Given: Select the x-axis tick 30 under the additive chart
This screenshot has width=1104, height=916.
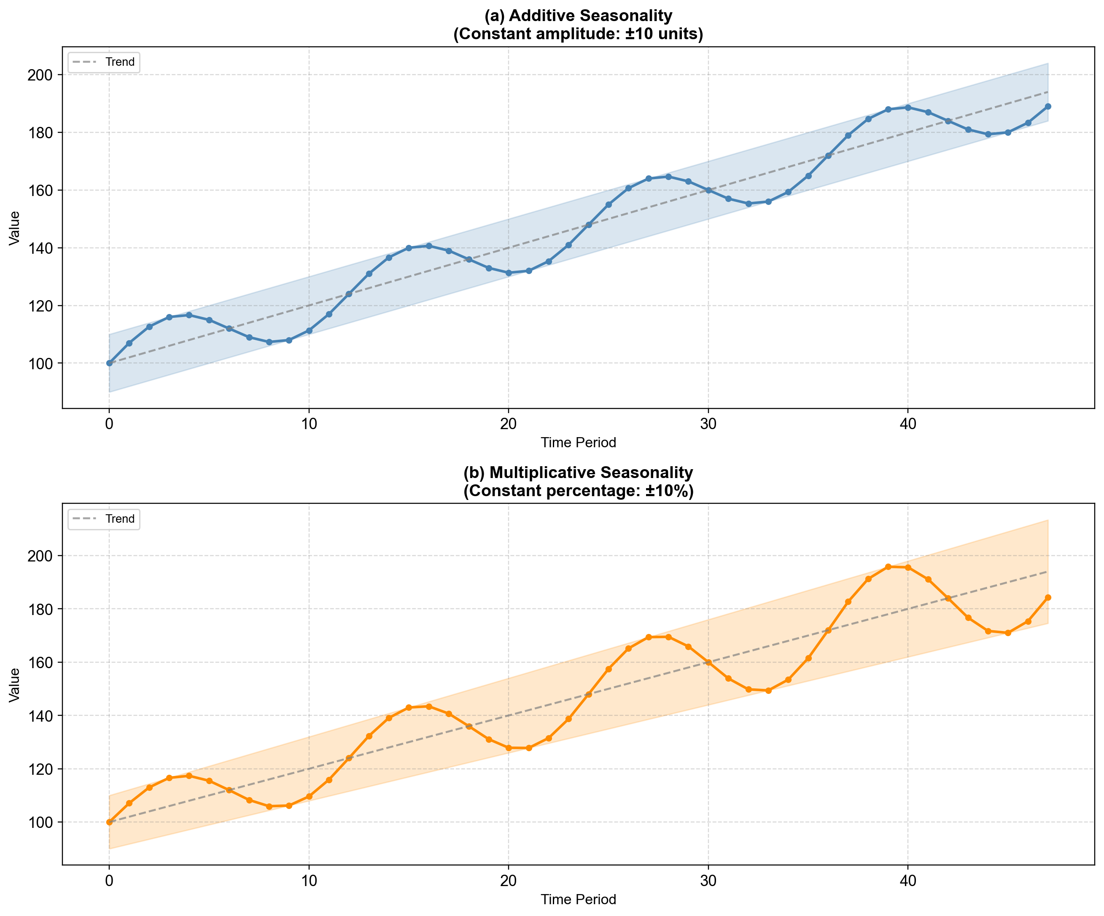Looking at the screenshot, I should (708, 424).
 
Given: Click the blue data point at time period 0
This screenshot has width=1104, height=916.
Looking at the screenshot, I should (109, 363).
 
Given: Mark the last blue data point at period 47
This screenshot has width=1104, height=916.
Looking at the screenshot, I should (1048, 107).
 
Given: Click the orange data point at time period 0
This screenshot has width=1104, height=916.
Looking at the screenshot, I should (109, 822).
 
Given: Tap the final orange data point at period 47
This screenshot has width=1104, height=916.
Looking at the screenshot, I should (1048, 597).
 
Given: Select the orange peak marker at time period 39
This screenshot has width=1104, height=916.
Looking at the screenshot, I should (888, 567).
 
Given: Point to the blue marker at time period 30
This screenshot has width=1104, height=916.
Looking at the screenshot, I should (708, 190).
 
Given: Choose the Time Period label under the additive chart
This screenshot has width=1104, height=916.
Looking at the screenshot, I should (578, 443).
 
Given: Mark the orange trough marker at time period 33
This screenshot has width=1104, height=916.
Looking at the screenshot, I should (768, 690).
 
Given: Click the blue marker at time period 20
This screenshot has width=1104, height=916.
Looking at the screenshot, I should (509, 273).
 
